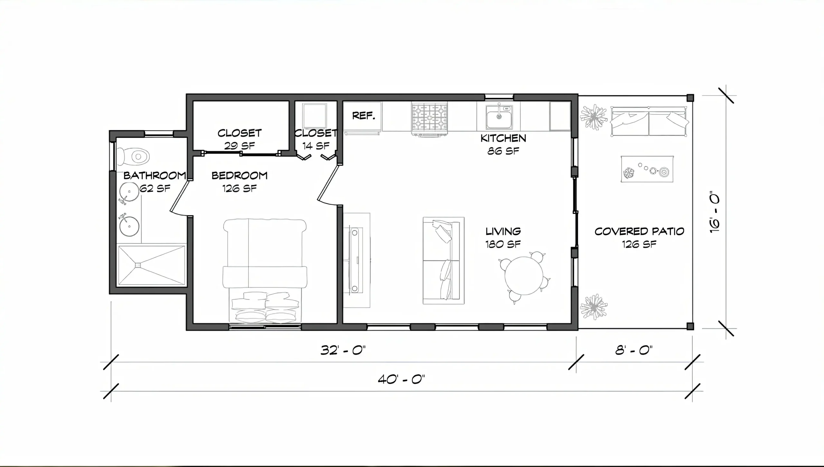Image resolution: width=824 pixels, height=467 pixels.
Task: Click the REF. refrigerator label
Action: pos(364,116)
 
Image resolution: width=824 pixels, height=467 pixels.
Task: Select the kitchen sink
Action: pos(499,116)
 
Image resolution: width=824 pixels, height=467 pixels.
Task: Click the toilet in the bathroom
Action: pos(133,157)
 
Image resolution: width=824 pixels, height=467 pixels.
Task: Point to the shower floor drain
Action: pos(138,265)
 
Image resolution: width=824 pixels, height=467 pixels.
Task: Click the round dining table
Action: pos(524,276)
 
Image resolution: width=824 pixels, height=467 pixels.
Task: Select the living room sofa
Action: pos(444,260)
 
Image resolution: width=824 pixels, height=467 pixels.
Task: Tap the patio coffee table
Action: pos(647,169)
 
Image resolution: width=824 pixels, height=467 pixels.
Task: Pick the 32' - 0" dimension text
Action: pos(343,350)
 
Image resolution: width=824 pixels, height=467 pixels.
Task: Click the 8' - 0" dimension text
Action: pos(634,350)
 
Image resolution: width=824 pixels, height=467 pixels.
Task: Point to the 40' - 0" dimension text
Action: pos(401,379)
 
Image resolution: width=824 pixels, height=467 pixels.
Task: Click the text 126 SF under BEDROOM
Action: pos(239,188)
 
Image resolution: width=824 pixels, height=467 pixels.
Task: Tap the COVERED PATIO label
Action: pos(639,231)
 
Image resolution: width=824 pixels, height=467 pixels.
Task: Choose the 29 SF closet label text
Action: pos(239,146)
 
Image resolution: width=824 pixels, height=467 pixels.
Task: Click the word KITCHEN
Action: pos(503,138)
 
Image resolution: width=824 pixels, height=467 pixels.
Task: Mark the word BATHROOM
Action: pos(155,175)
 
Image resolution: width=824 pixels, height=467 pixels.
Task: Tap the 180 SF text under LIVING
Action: pos(503,244)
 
